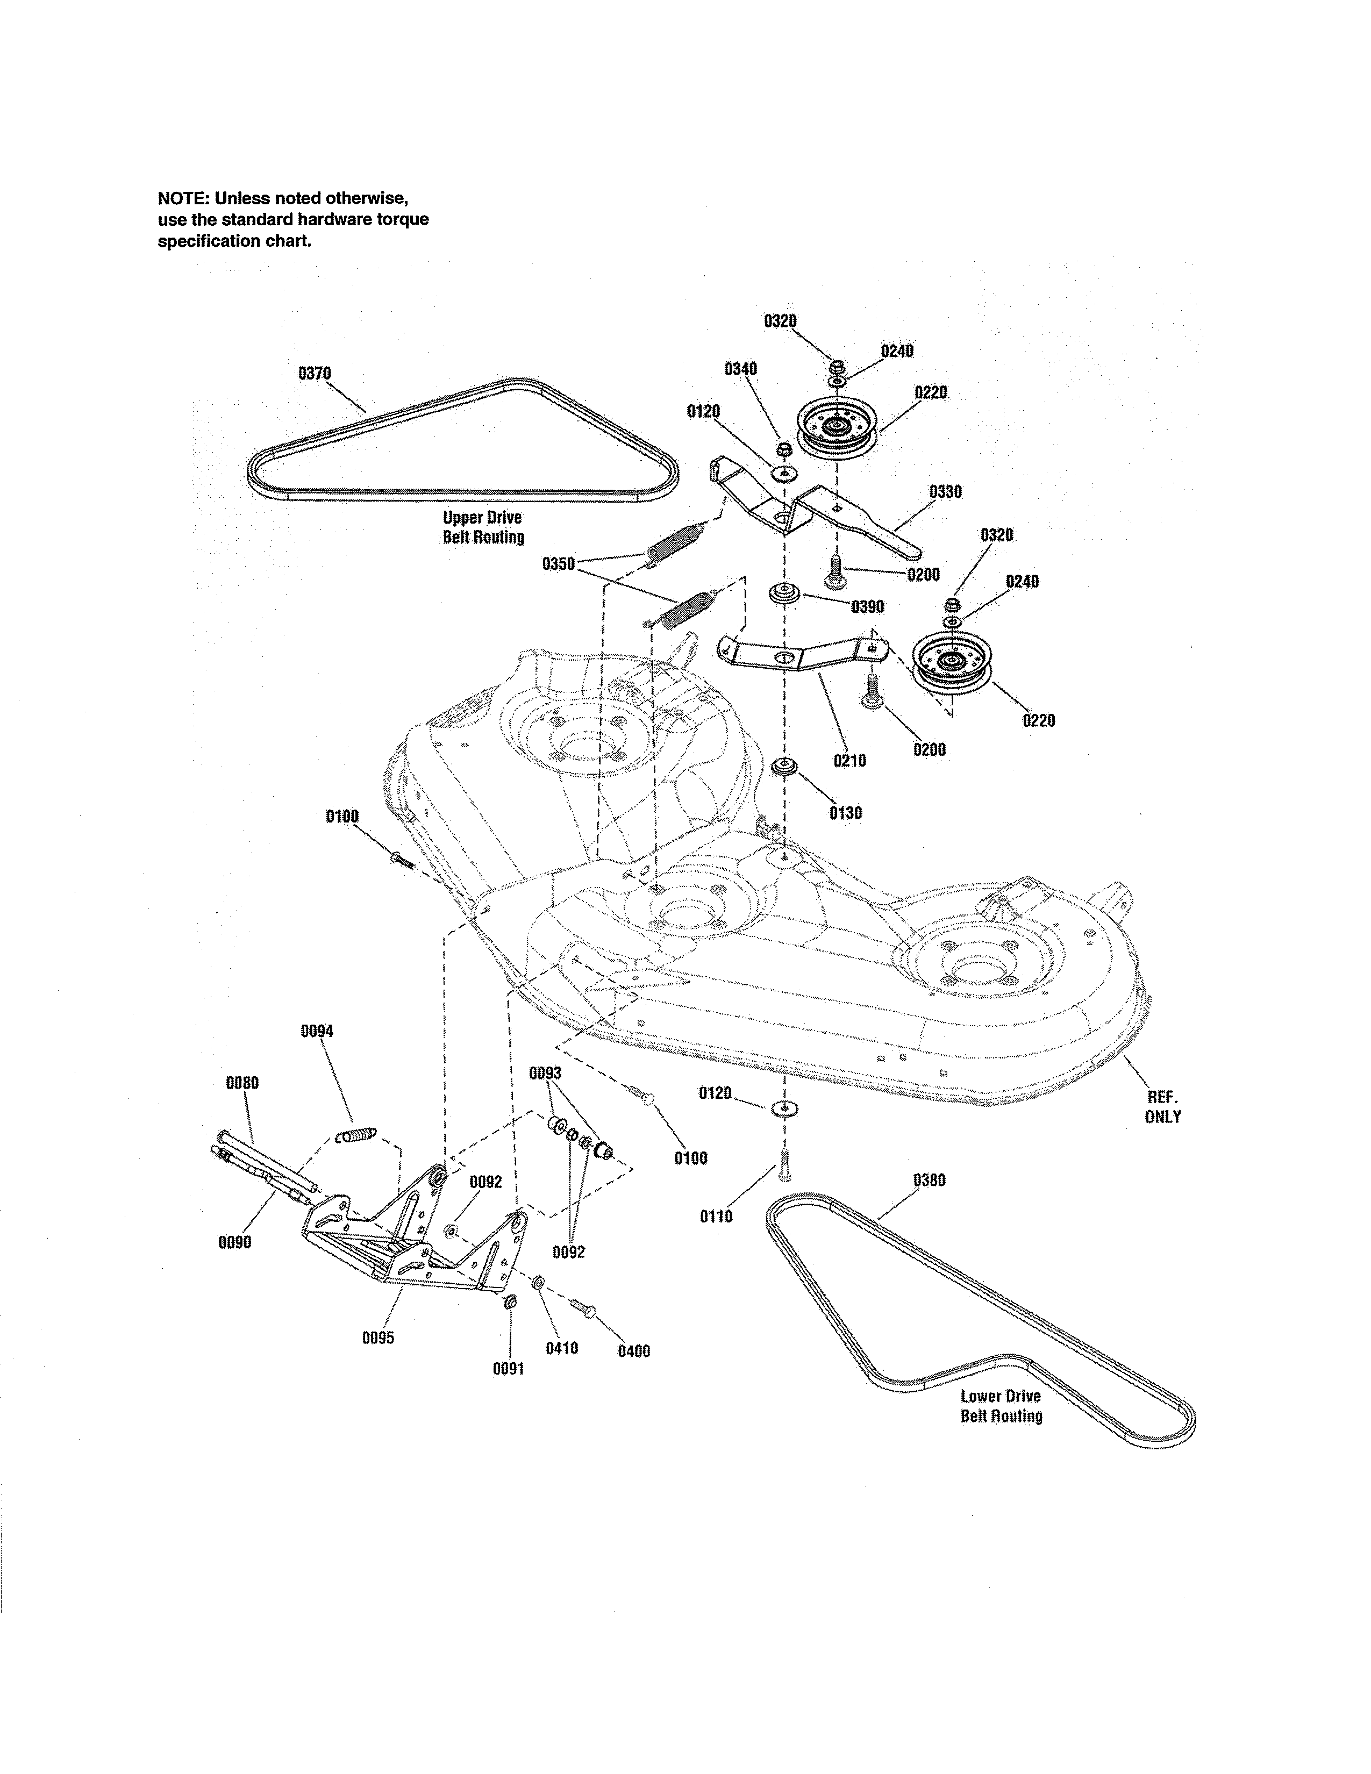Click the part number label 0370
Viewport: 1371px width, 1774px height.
click(315, 374)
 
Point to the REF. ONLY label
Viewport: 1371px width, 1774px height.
click(1162, 1106)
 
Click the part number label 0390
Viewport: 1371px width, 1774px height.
click(867, 607)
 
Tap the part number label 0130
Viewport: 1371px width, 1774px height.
click(846, 813)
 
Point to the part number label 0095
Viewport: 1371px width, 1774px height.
click(377, 1338)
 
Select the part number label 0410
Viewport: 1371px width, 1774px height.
click(561, 1348)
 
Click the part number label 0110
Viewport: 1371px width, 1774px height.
click(716, 1216)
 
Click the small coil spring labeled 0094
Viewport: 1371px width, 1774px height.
click(356, 1134)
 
